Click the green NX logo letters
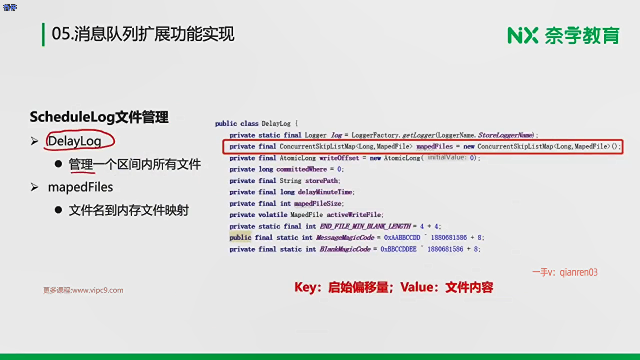(523, 35)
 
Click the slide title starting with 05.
(143, 34)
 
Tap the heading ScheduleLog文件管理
(99, 117)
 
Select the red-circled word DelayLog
(74, 141)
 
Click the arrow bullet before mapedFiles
(34, 187)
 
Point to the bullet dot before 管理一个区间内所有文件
(58, 164)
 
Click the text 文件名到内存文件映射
(129, 210)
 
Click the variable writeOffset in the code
(339, 158)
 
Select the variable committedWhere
(301, 169)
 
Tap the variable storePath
(322, 181)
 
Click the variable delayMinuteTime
(325, 192)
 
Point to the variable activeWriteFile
(354, 215)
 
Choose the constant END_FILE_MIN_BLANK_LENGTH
(365, 226)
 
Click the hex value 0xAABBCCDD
(402, 238)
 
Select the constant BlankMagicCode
(345, 249)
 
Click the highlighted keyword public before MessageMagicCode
(240, 237)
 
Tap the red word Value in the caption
(417, 287)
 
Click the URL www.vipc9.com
(98, 290)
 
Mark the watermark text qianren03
(579, 272)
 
